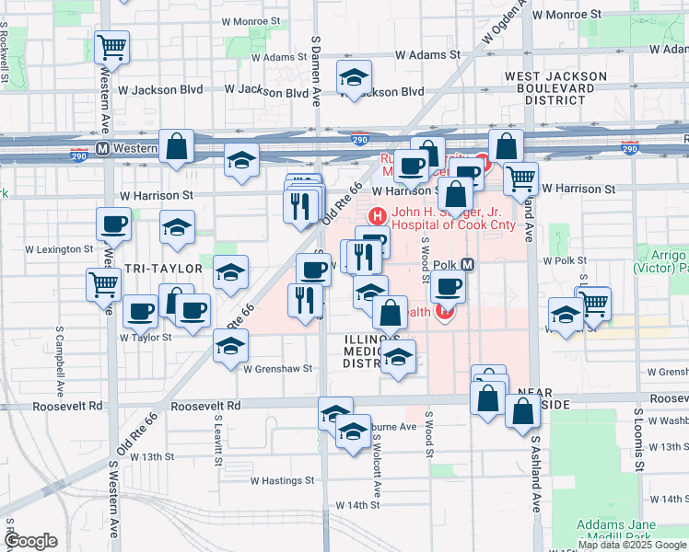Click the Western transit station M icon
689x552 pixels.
102,148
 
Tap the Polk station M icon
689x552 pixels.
468,265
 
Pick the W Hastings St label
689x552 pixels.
283,480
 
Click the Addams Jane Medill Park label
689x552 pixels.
616,531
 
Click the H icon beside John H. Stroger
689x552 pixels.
376,217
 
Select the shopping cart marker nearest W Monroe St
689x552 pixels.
111,46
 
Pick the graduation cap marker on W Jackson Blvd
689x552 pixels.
353,80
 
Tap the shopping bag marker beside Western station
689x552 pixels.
176,145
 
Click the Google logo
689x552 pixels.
30,541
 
